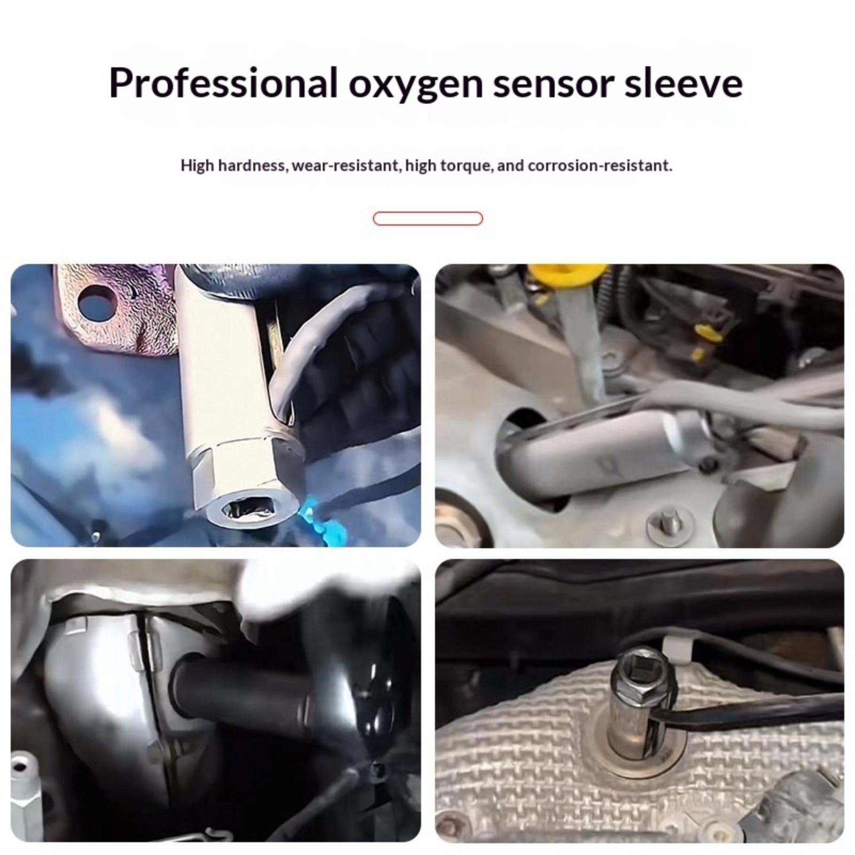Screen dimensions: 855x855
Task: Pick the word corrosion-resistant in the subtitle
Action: (600, 166)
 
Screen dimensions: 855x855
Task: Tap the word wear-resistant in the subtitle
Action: (346, 166)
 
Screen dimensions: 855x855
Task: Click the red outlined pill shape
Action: (428, 219)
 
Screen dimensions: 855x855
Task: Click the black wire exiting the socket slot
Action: (748, 704)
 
